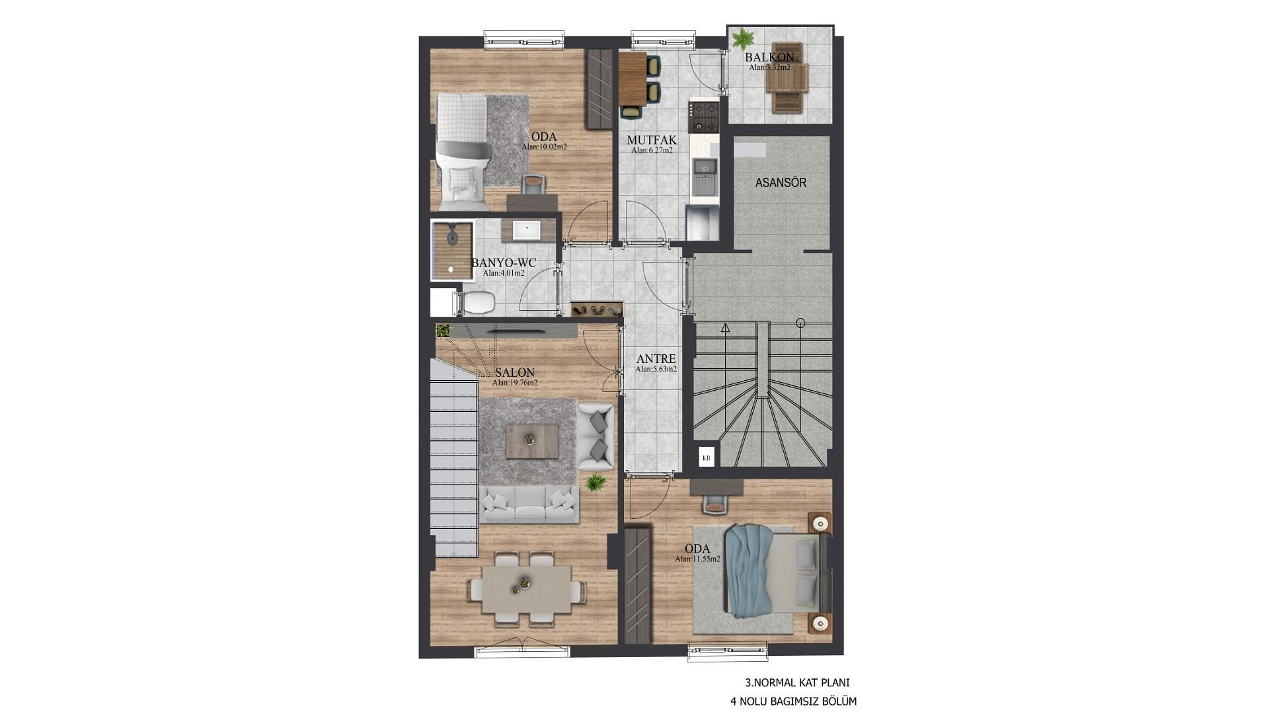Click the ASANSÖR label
pos(781,182)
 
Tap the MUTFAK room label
pos(652,140)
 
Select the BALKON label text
pos(769,58)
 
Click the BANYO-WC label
pos(504,263)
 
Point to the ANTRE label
pos(656,359)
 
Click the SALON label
pos(514,373)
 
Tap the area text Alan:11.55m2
pos(697,559)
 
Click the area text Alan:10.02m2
pos(544,147)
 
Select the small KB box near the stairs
pos(707,457)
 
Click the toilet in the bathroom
pos(475,303)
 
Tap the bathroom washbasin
pos(527,230)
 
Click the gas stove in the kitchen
pos(703,116)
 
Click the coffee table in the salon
pos(532,441)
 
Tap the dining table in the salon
pos(527,590)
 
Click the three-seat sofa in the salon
pos(529,505)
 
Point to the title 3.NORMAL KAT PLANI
pos(797,683)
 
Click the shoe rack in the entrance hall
pos(597,309)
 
